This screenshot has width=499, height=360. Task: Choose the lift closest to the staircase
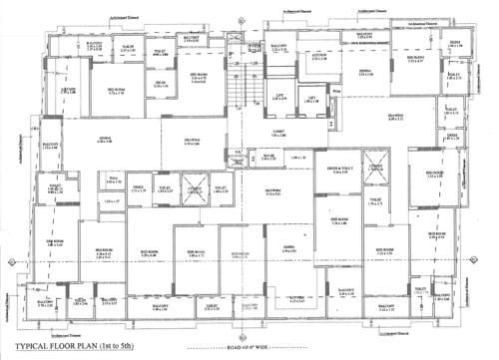[x=282, y=98]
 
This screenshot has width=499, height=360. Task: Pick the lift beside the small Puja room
[x=312, y=98]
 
